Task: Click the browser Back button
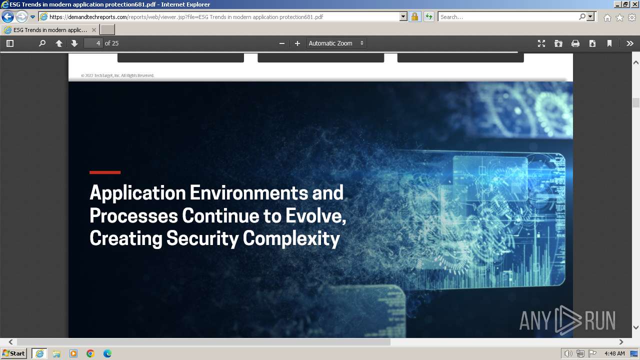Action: click(x=7, y=16)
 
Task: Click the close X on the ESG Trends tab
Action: click(x=94, y=30)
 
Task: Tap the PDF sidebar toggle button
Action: click(x=10, y=43)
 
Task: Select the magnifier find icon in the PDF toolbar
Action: click(x=42, y=43)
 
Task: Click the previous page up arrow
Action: click(x=59, y=43)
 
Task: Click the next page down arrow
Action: click(x=74, y=43)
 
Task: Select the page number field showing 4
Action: click(x=93, y=43)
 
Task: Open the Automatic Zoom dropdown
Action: click(x=336, y=43)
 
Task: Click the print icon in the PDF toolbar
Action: click(x=575, y=43)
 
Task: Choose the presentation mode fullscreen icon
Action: click(x=541, y=43)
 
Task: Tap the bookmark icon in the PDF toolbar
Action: click(x=609, y=43)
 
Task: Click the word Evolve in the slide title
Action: click(x=314, y=215)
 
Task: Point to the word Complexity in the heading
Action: click(x=291, y=238)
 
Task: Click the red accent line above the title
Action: click(x=105, y=172)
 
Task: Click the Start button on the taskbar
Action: click(x=13, y=353)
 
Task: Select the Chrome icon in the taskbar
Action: click(x=90, y=353)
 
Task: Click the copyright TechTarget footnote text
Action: click(x=117, y=75)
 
